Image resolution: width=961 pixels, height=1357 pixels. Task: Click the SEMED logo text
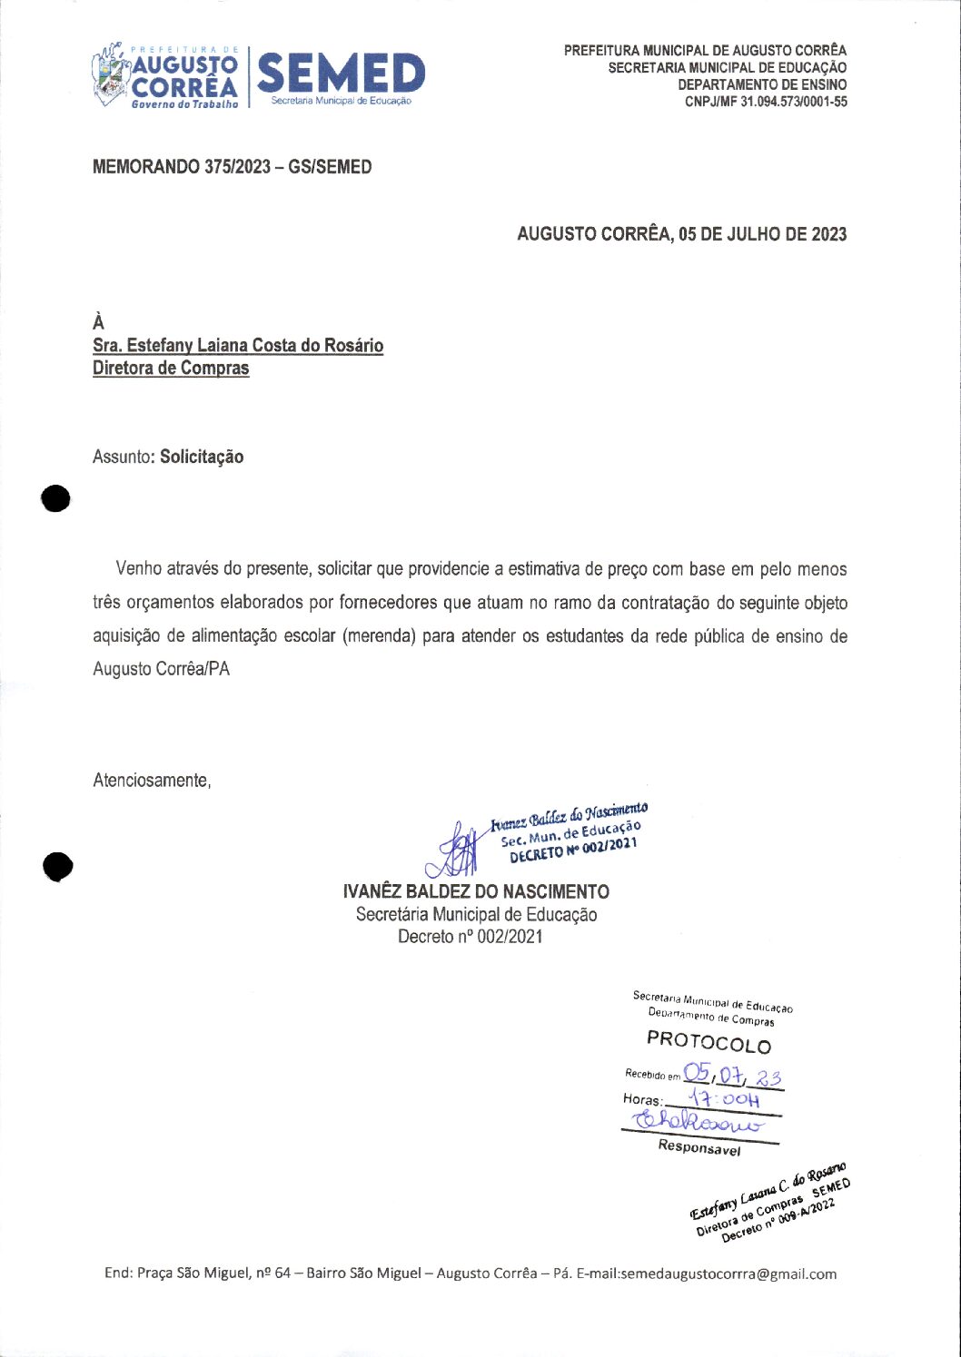(x=341, y=74)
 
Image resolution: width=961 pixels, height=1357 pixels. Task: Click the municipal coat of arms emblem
(x=110, y=75)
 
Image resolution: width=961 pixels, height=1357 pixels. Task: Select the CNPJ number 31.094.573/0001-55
(x=793, y=102)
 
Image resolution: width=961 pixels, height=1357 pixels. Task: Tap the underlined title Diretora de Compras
(x=171, y=369)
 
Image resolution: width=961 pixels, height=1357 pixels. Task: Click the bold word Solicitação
(x=202, y=457)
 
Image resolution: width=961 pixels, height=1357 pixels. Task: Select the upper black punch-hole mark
(x=55, y=498)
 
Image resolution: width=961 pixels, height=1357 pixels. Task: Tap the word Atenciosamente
(x=152, y=781)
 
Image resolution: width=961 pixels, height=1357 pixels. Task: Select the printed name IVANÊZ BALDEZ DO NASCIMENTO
(x=476, y=891)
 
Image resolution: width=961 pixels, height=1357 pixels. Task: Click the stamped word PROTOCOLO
(x=708, y=1041)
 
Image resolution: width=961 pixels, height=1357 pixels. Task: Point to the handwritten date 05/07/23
(x=733, y=1076)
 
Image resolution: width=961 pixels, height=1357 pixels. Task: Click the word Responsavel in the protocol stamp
(x=698, y=1147)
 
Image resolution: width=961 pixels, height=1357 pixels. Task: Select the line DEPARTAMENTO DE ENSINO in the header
(x=761, y=84)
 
